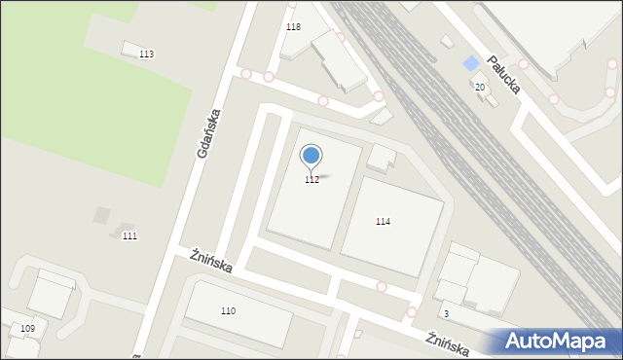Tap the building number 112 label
(x=311, y=180)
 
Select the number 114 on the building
(x=384, y=222)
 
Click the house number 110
(x=228, y=311)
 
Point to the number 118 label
(x=293, y=26)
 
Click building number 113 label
(x=146, y=54)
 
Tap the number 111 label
(x=129, y=236)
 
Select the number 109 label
(x=27, y=329)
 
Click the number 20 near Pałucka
(x=480, y=88)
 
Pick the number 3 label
(x=446, y=313)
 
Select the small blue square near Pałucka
(x=471, y=63)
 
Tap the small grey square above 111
(x=101, y=214)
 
